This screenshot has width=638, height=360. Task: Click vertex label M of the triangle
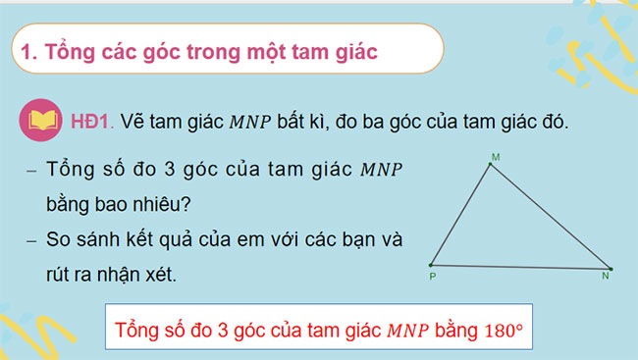coord(495,156)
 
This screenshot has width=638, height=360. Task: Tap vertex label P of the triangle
coord(432,277)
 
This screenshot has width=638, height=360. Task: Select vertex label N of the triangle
coord(605,278)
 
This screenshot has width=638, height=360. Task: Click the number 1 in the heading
coord(26,51)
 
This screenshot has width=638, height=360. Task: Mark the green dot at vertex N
coord(610,269)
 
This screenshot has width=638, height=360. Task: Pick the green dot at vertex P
coord(431,265)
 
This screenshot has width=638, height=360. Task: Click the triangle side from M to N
coord(550,216)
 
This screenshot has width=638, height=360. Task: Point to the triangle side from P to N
coord(520,267)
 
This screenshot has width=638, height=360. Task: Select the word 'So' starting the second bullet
coord(60,239)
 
